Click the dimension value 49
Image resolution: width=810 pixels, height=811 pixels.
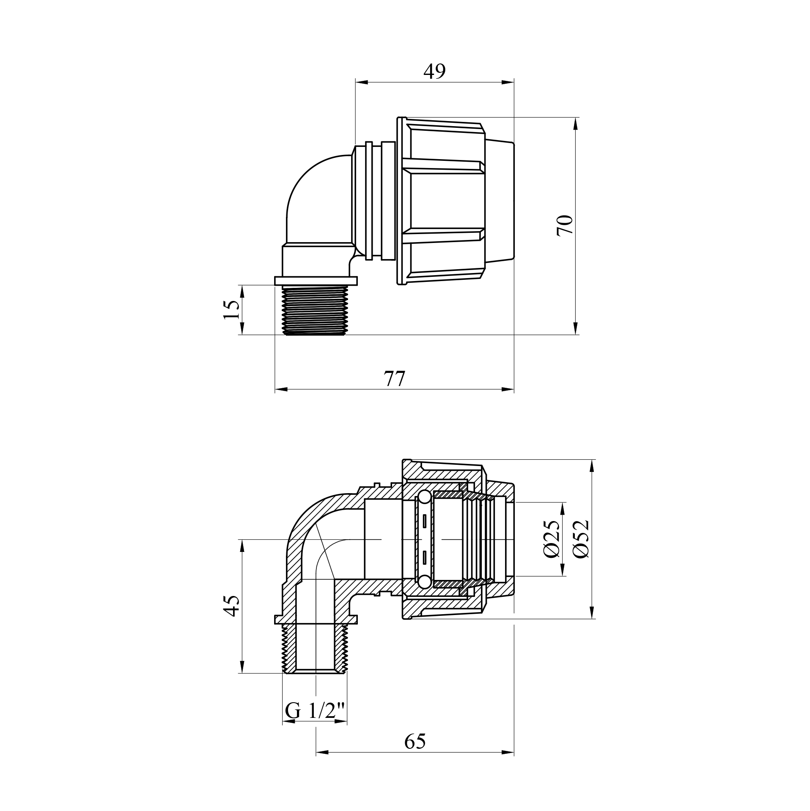[434, 72]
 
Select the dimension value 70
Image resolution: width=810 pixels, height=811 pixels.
[564, 225]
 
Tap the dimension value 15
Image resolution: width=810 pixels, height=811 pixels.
[231, 310]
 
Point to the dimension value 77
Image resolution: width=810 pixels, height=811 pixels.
[394, 378]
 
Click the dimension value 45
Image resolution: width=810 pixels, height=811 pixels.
[231, 605]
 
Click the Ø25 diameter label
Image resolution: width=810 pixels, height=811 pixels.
[552, 539]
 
